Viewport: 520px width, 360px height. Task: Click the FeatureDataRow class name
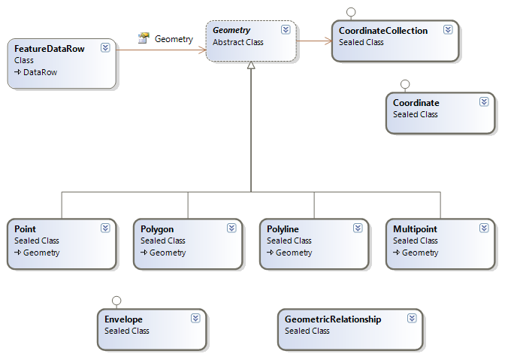49,48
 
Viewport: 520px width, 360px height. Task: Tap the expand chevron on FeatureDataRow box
105,47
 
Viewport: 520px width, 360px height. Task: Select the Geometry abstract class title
231,30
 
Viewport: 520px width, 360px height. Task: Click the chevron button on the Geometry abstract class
286,29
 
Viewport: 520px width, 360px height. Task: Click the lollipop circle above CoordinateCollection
351,12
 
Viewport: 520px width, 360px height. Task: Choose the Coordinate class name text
416,102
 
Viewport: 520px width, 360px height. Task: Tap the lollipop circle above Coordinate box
405,83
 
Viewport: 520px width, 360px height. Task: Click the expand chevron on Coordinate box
484,101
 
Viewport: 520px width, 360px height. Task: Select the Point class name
25,228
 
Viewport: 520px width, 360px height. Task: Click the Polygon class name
157,228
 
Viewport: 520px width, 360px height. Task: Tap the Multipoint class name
415,228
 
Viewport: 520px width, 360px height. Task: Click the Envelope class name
123,319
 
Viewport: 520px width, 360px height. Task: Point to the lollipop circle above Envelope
116,300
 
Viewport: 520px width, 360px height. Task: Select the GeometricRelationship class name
333,319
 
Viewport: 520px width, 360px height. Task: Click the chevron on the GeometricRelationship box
412,318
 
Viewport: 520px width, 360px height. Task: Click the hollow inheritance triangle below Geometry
251,66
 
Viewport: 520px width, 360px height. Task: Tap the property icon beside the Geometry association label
143,38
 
